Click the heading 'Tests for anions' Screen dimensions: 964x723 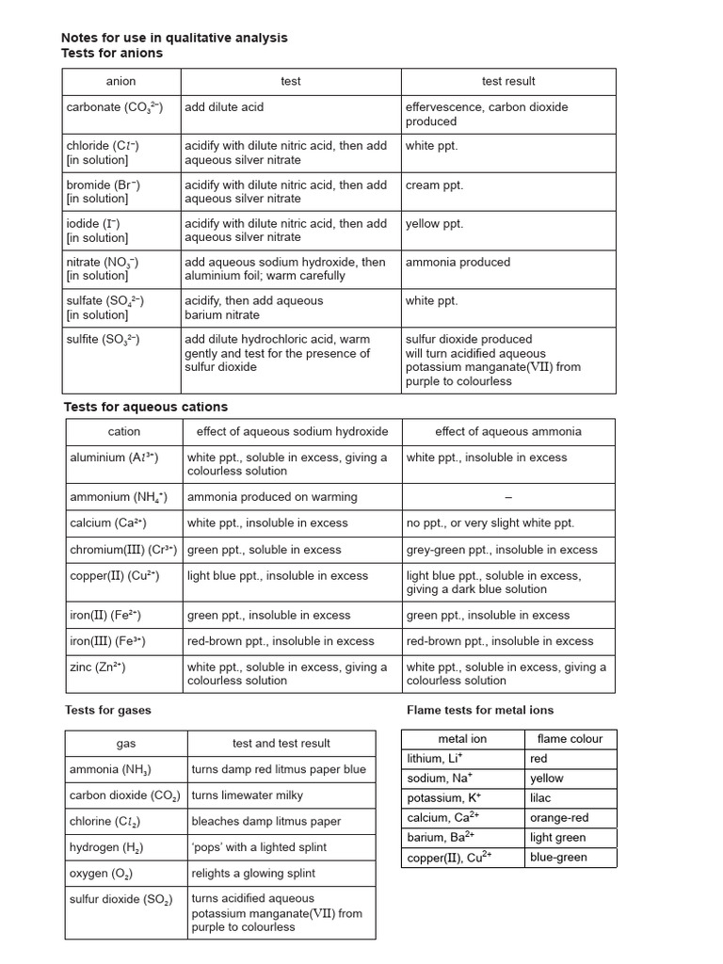tap(112, 54)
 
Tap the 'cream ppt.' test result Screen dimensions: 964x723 tap(434, 185)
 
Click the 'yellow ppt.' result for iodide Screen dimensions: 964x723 tap(434, 224)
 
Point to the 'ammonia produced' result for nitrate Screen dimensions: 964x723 tap(458, 263)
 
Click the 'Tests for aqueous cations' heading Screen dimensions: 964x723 tap(145, 407)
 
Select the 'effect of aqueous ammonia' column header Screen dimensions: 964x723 tap(507, 432)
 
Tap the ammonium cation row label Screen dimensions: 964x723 tap(119, 497)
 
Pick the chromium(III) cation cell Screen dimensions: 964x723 tap(123, 550)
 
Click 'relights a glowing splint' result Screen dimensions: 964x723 tap(253, 874)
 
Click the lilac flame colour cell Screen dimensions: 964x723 tap(540, 798)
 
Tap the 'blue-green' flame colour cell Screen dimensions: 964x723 tap(558, 857)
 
